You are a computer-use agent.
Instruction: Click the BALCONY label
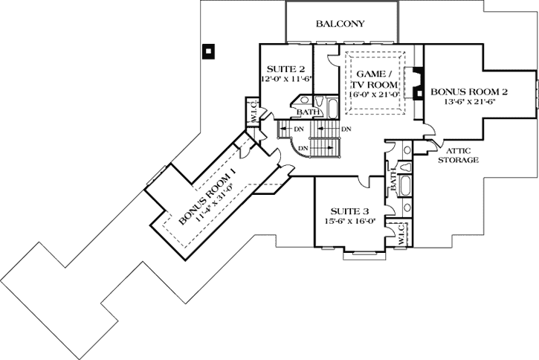(x=340, y=24)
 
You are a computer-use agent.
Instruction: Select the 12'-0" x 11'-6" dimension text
(x=283, y=78)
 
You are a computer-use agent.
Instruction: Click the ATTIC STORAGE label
(x=457, y=154)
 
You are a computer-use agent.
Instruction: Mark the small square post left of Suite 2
(x=210, y=51)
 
